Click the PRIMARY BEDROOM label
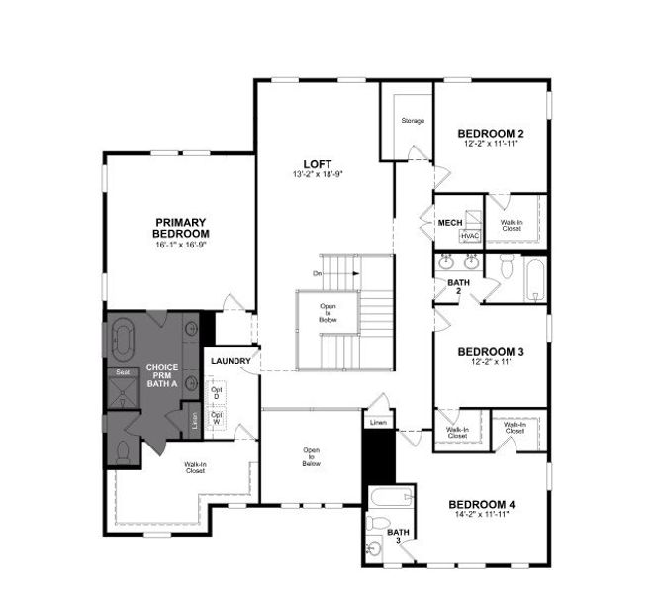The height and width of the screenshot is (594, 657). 179,227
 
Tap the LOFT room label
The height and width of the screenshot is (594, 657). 318,163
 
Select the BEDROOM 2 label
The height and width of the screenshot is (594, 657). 490,133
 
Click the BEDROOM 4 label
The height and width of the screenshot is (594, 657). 482,505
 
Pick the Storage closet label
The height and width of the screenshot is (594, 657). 413,121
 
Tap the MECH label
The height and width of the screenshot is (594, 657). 451,223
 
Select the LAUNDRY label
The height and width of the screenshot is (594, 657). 231,360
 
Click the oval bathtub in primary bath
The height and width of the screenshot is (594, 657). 125,340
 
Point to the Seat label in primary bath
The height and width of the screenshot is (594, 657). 124,372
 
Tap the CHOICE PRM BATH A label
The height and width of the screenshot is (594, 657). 162,375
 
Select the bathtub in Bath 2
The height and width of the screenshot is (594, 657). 533,280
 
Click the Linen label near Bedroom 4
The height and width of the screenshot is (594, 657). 378,423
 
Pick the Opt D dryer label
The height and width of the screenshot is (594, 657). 216,392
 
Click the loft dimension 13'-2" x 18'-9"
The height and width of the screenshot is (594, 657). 318,175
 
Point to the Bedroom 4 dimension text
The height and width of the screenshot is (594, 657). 482,516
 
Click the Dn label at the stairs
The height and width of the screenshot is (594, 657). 318,272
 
